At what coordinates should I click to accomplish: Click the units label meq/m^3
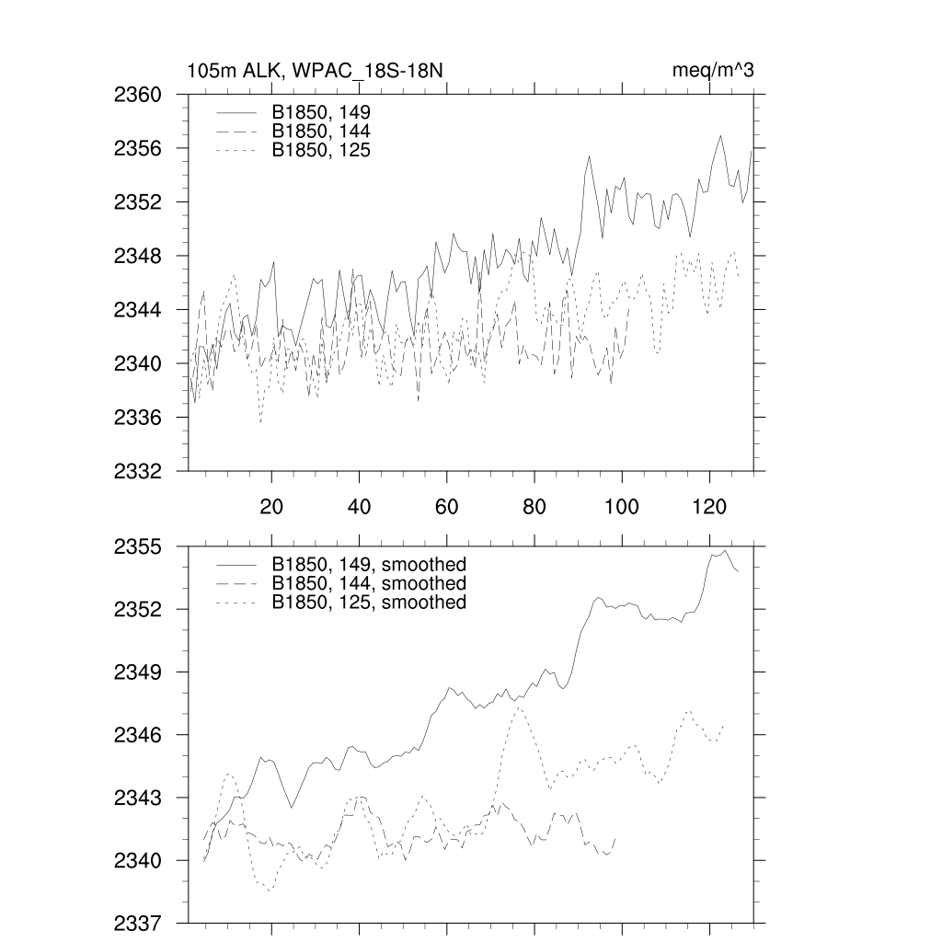(714, 71)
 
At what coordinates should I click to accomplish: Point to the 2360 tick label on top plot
(138, 95)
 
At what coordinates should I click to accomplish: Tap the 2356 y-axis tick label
(138, 148)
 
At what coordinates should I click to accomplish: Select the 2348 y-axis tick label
(138, 256)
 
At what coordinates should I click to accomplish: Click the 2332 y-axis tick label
(138, 471)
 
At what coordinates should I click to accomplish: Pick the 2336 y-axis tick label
(138, 418)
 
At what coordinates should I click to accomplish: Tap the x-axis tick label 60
(446, 506)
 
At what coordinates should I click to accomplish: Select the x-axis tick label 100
(622, 506)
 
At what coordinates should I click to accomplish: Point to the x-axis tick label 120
(710, 506)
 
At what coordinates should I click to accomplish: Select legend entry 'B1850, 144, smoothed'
(369, 584)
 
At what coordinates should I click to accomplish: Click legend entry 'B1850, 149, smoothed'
(369, 564)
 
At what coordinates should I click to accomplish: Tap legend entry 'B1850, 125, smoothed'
(369, 603)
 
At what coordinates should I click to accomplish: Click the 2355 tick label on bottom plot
(138, 547)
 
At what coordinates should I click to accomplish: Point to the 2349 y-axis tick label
(138, 672)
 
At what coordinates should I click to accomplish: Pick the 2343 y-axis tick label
(138, 798)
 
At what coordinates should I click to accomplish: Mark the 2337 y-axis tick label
(138, 923)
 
